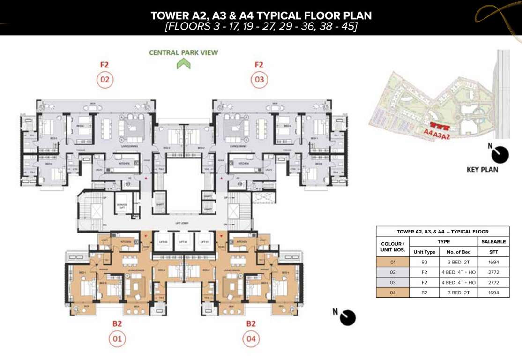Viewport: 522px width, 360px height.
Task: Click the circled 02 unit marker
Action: pos(104,80)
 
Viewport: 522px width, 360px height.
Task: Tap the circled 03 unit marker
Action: pos(259,80)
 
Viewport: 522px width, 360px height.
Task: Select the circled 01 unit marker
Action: pos(117,339)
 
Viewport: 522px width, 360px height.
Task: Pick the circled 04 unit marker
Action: pos(251,339)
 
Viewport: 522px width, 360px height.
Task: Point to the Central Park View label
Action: pos(183,52)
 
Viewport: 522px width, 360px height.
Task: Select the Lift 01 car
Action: pos(204,242)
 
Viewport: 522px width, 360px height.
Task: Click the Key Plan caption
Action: pos(482,169)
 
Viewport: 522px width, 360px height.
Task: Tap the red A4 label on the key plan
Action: pos(428,133)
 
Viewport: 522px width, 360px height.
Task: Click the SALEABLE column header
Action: pos(493,242)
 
